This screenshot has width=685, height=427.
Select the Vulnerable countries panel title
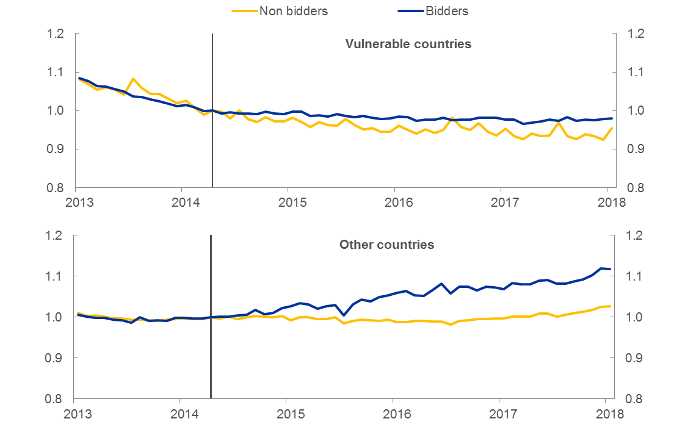pos(408,44)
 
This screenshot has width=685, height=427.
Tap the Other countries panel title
pos(386,245)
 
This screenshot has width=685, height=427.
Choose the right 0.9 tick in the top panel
pos(634,149)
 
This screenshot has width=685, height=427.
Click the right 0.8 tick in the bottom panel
pos(634,399)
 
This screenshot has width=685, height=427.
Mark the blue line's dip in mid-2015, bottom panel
pos(344,315)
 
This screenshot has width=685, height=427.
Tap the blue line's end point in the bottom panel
pos(609,269)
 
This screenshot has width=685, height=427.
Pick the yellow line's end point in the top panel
pos(611,127)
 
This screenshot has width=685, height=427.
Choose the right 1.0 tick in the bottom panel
pos(634,317)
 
